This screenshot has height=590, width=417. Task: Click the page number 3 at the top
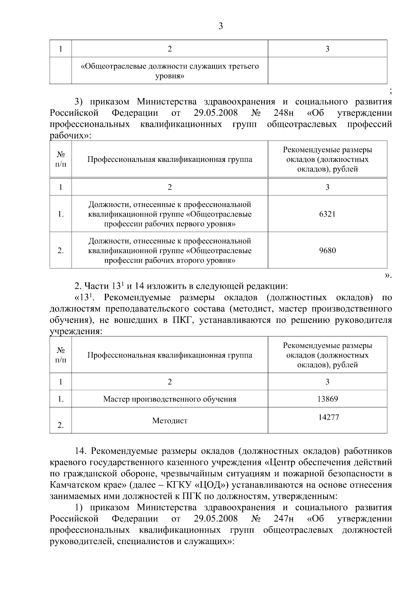(221, 26)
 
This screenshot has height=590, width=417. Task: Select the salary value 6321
(327, 214)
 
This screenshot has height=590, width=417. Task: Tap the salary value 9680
(327, 251)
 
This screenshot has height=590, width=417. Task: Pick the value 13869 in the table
(327, 399)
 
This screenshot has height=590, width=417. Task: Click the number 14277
(328, 417)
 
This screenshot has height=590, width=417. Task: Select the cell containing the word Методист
(170, 421)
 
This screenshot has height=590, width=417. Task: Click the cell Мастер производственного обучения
(170, 399)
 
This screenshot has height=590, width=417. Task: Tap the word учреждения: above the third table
(76, 331)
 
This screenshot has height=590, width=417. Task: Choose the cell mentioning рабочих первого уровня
(170, 214)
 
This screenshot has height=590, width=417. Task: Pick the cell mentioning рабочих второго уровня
(170, 251)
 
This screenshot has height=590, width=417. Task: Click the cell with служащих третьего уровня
(170, 71)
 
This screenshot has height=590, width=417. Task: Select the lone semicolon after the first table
(391, 92)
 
